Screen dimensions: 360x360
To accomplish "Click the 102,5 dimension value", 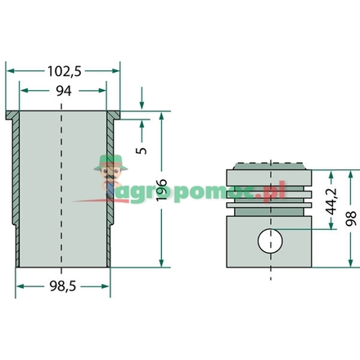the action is pos(65,71).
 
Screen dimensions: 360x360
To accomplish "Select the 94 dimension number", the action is pos(64,91).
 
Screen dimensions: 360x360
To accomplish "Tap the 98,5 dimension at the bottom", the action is pos(63,286).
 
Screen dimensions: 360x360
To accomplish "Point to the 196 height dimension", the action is pos(161,190).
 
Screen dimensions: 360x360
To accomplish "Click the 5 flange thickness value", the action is pos(142,151).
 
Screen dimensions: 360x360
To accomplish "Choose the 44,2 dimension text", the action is pos(331,201).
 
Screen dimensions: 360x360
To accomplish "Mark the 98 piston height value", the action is pos(351,218).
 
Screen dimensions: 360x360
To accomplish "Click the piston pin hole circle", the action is pos(270,241).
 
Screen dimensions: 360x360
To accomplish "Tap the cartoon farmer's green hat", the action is pos(110,163).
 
